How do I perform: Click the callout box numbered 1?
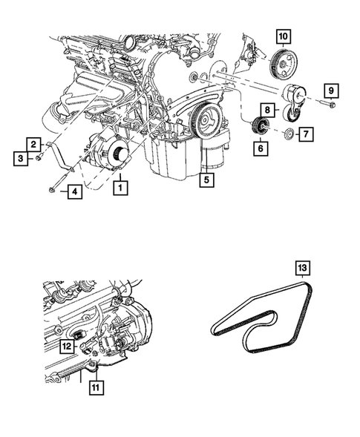(120, 188)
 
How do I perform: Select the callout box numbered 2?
(34, 145)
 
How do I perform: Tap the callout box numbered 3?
(21, 159)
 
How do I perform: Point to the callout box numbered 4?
(75, 191)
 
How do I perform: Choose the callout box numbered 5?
(206, 180)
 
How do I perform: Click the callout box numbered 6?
(261, 148)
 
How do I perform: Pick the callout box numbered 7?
(306, 134)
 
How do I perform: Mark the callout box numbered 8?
(268, 110)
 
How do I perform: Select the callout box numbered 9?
(331, 91)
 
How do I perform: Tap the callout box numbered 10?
(284, 36)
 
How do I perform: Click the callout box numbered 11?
(96, 387)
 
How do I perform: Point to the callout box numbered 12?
(68, 346)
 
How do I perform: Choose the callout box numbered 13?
(303, 268)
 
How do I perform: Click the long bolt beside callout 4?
(58, 183)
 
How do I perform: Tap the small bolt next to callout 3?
(39, 157)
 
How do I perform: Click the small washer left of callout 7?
(289, 134)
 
